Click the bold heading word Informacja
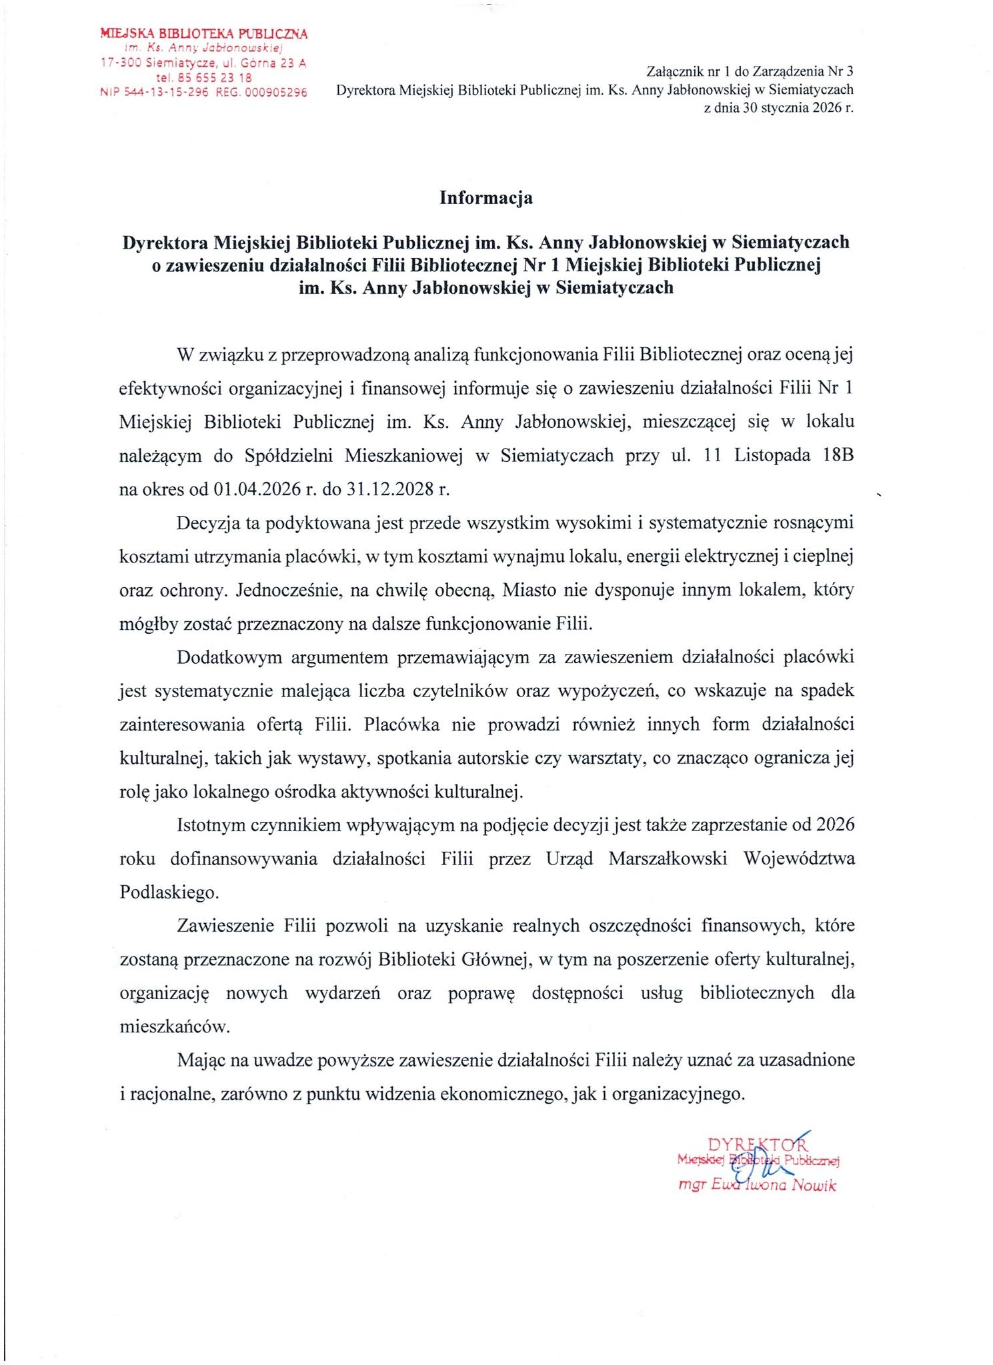coord(485,198)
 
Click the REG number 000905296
coord(276,93)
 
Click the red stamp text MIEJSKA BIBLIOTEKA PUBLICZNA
coord(203,33)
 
